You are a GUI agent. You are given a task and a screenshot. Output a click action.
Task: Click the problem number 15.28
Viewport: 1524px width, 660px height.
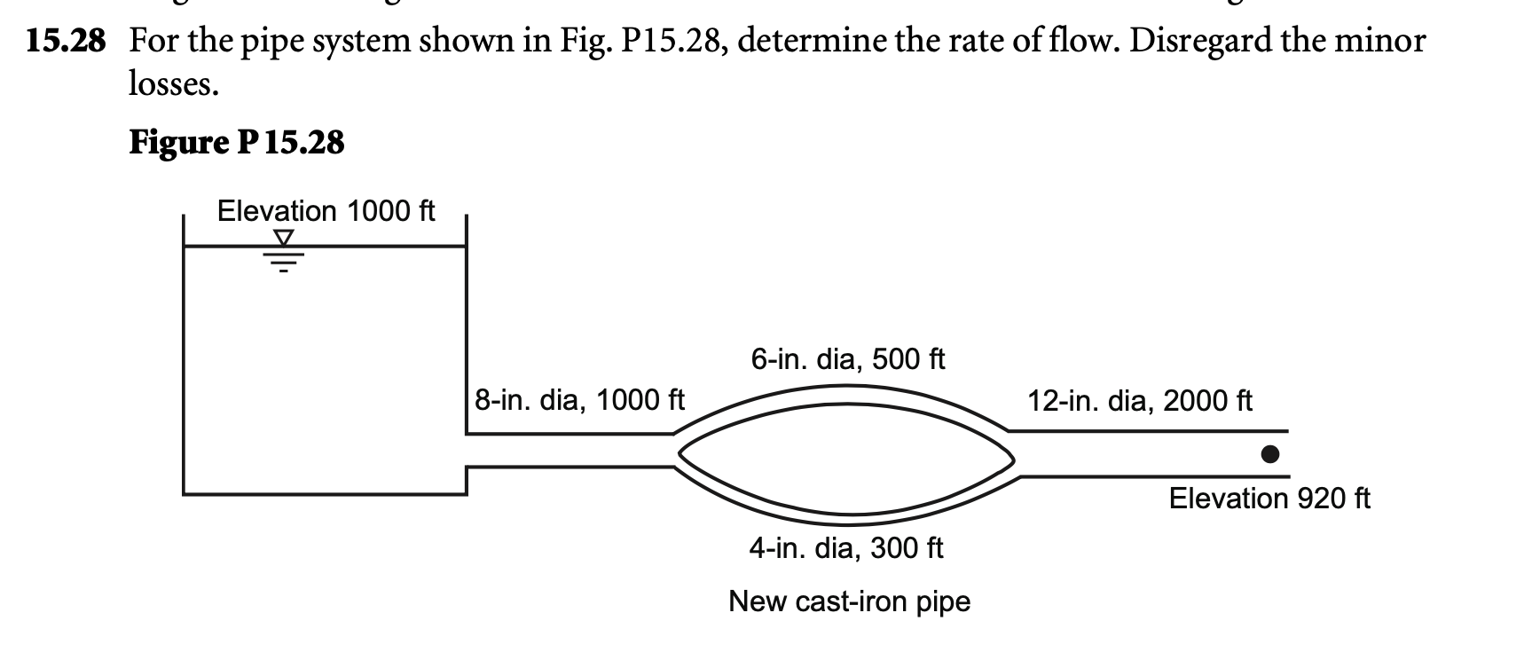tap(66, 42)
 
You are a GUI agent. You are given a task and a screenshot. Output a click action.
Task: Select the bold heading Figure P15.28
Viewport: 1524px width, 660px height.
tap(236, 142)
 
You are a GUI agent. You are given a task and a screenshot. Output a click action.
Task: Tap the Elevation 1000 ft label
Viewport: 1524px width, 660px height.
tap(326, 211)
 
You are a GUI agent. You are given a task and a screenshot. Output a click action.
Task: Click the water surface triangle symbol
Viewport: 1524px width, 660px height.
tap(283, 238)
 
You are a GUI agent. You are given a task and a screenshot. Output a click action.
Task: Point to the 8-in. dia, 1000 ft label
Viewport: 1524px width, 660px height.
tap(579, 400)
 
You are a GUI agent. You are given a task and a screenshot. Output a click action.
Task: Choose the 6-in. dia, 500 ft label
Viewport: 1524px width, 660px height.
tap(847, 359)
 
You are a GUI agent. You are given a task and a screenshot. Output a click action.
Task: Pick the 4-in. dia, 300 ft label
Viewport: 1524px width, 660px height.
tap(845, 548)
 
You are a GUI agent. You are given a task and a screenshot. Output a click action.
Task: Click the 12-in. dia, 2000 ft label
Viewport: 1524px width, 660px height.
tap(1139, 401)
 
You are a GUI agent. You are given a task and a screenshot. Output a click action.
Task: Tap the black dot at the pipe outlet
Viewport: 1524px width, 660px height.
tap(1270, 454)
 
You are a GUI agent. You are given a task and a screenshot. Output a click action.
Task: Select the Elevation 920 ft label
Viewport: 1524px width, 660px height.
tap(1269, 499)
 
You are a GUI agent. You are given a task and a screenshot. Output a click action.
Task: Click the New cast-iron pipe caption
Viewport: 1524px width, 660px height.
tap(849, 601)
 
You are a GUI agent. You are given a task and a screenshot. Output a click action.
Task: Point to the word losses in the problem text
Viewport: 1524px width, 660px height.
tap(172, 84)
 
